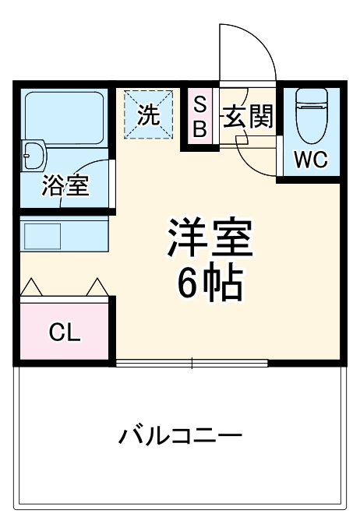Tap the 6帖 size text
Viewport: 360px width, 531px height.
208,285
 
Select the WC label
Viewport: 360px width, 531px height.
309,160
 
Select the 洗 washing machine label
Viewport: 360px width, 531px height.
148,114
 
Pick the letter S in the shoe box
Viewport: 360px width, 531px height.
199,104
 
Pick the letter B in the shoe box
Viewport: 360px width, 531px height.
199,129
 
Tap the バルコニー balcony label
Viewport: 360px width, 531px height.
180,434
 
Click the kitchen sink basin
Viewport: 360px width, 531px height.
41,234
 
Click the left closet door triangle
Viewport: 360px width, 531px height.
30,287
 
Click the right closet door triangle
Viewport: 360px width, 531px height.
97,287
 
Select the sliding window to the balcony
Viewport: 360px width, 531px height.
192,363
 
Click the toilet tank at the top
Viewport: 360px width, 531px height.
312,97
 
